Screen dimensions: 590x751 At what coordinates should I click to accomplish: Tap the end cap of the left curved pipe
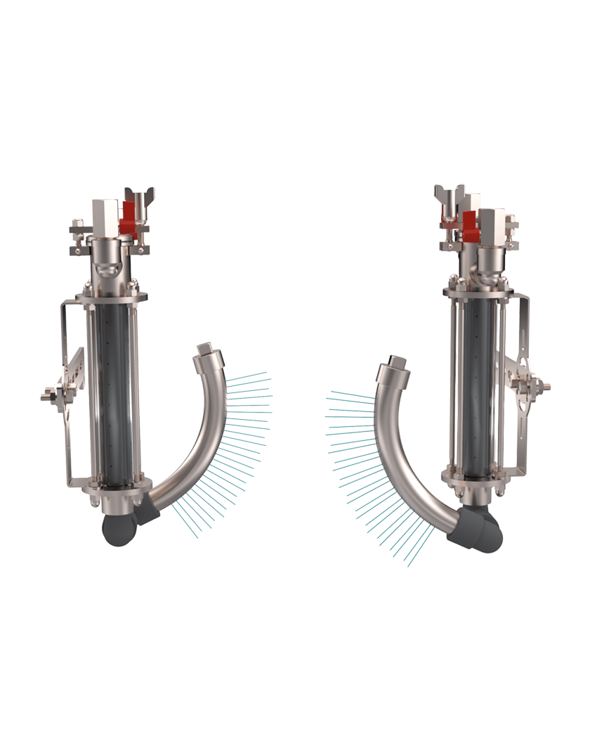pos(205,349)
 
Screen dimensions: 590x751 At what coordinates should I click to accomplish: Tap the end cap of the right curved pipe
pos(396,364)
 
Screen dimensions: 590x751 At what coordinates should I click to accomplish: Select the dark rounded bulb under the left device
pos(117,529)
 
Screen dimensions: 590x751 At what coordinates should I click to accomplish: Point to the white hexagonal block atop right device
pos(492,224)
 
